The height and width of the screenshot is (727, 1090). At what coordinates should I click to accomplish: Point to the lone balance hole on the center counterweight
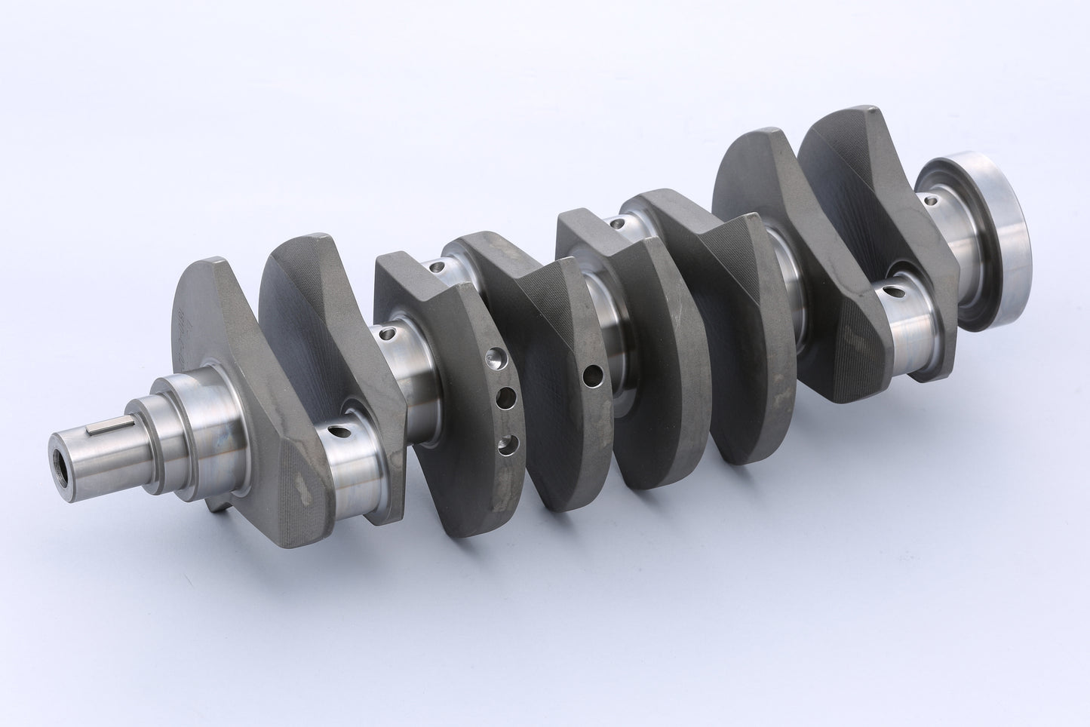594,373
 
